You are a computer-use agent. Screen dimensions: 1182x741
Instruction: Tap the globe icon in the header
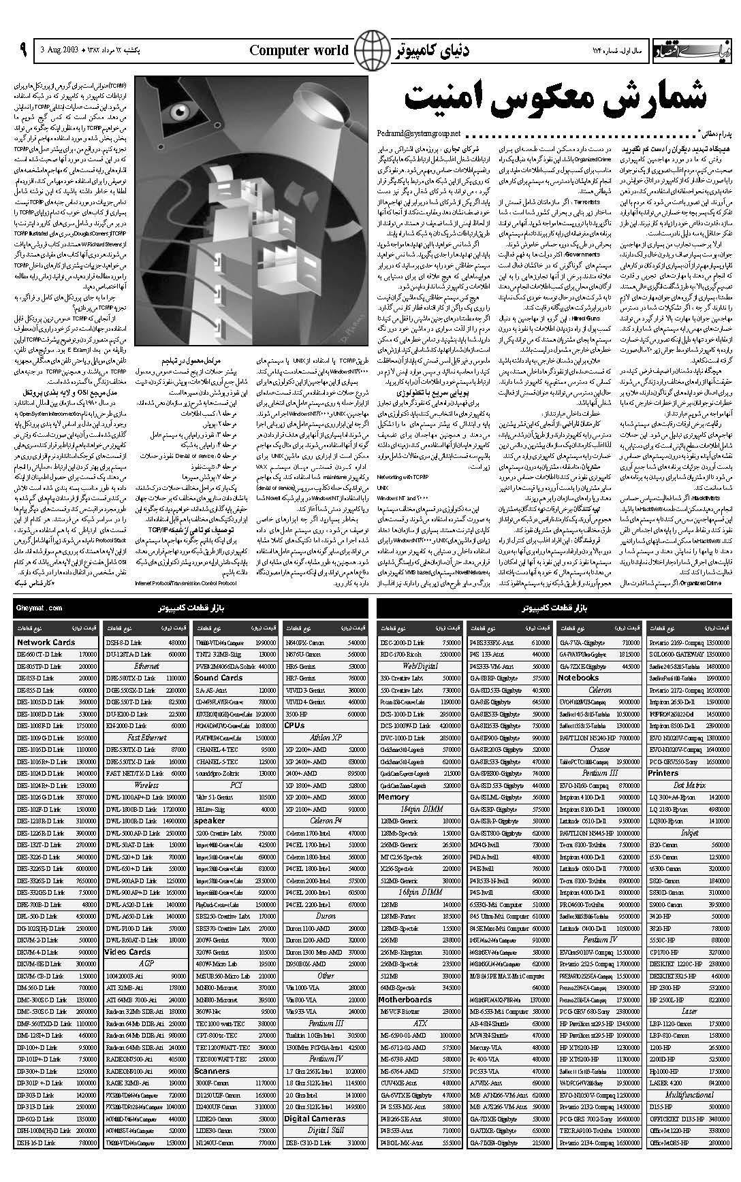point(370,50)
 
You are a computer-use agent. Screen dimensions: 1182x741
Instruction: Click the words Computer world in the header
point(299,50)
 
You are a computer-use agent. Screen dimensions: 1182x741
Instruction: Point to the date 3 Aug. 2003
point(61,51)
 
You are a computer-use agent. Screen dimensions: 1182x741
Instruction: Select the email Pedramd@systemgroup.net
point(417,133)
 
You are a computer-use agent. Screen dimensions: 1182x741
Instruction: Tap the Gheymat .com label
point(40,608)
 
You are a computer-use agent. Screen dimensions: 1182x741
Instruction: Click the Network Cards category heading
point(46,642)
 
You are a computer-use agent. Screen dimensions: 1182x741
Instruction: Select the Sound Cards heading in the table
point(218,678)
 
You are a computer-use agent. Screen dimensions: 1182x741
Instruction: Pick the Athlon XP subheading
point(326,737)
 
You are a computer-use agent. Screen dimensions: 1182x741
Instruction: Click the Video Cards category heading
point(127,952)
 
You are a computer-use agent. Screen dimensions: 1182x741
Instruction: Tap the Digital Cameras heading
point(315,1119)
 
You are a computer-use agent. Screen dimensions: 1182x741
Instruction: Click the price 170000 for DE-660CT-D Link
point(87,654)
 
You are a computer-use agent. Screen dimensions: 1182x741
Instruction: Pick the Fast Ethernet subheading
point(146,737)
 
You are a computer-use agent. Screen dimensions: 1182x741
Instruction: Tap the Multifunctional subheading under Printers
point(689,1095)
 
